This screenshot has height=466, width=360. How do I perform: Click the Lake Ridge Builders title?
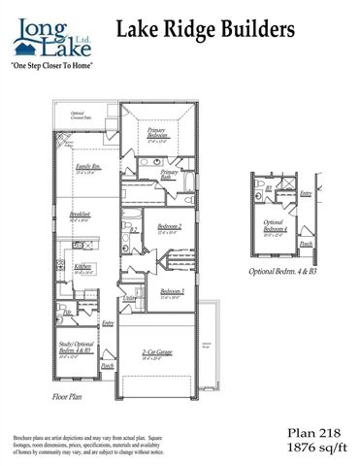tap(206, 31)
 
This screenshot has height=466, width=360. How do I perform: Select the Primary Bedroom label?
tap(157, 133)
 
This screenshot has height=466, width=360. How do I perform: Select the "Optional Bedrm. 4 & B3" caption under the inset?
tap(282, 271)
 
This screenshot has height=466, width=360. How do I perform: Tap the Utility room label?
tap(128, 300)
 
